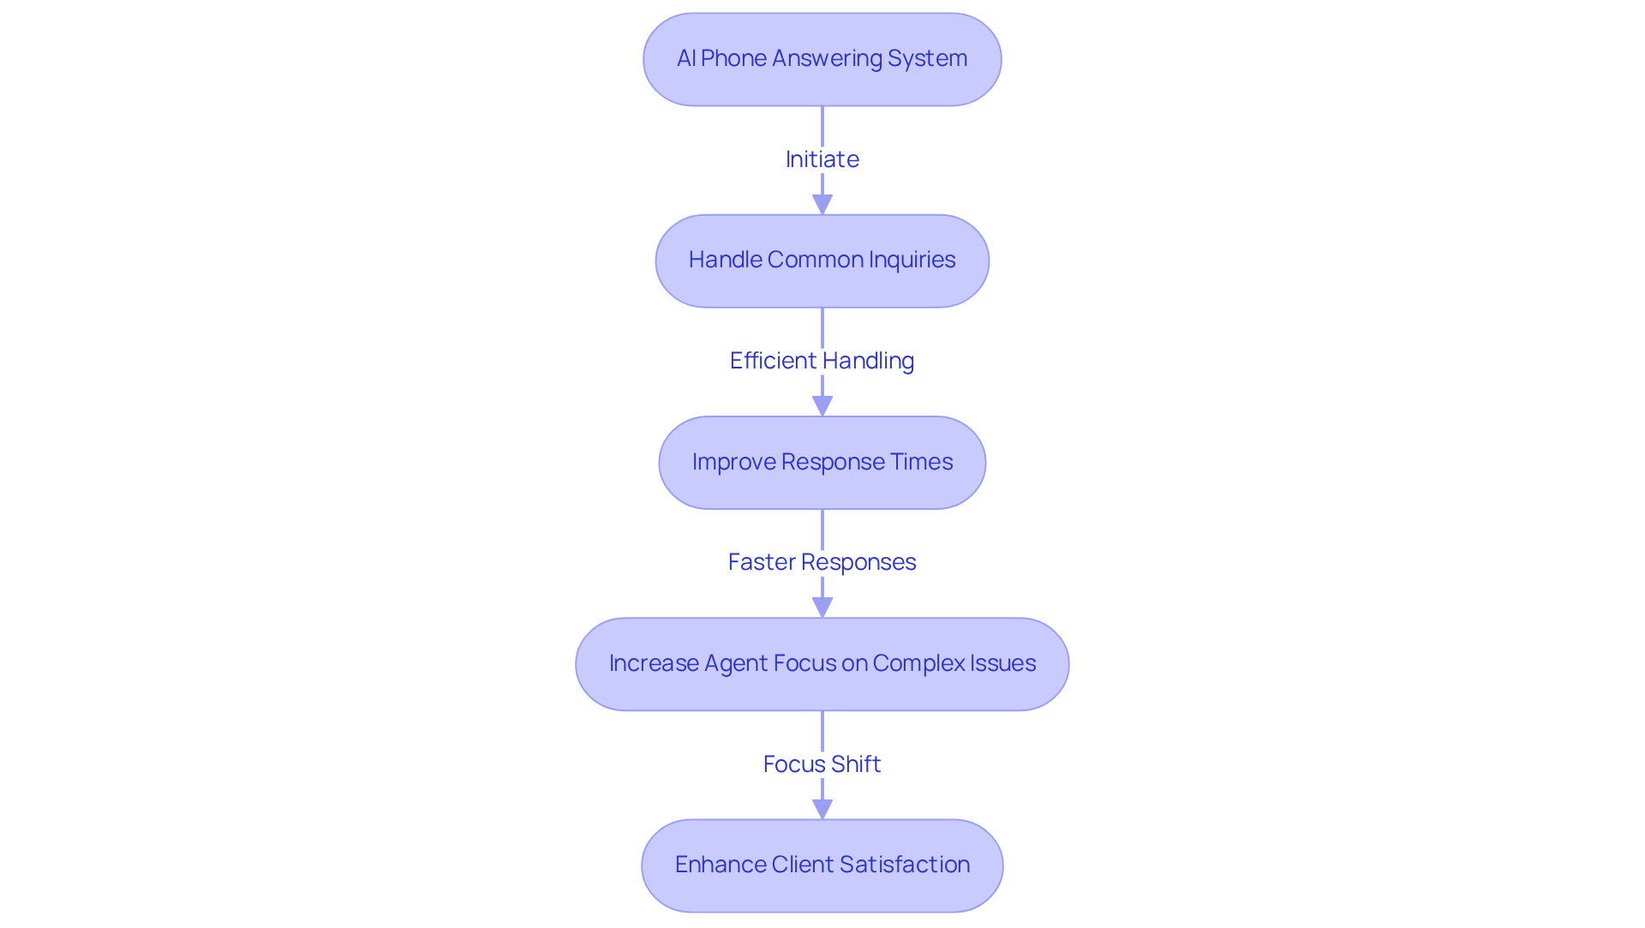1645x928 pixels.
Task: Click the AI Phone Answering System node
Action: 822,59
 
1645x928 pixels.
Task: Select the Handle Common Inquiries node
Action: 822,260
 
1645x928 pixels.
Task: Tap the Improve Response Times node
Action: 822,463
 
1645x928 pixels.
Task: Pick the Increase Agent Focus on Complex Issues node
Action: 822,664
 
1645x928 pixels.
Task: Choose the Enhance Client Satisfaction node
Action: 822,865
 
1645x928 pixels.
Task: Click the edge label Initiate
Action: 822,159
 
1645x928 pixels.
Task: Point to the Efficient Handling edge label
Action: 822,361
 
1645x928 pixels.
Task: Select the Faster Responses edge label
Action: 822,562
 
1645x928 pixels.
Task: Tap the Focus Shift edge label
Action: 822,763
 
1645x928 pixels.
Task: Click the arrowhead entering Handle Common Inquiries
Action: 822,205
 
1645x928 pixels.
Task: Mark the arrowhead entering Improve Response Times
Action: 822,406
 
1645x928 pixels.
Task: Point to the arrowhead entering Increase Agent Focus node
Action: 822,608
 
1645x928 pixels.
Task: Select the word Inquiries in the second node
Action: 912,260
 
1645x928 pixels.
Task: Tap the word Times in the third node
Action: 921,462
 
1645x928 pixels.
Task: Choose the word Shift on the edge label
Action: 854,763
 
